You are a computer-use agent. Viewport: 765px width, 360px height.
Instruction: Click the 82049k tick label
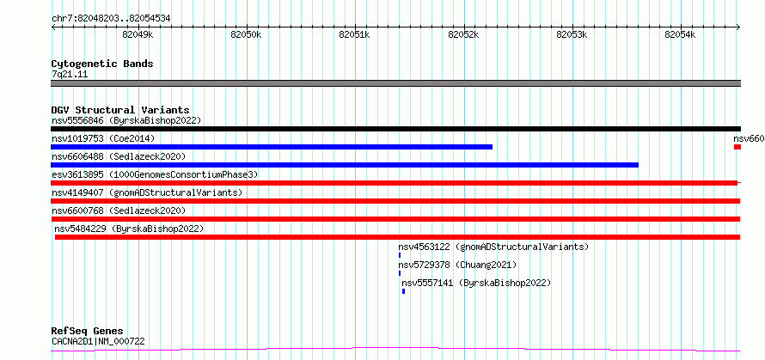[138, 34]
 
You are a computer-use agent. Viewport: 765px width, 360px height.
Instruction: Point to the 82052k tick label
[463, 34]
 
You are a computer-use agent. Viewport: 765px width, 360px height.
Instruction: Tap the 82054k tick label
[680, 34]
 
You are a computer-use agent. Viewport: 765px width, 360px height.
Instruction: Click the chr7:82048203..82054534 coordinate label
[111, 19]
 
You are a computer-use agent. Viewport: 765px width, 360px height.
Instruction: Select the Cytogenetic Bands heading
[102, 64]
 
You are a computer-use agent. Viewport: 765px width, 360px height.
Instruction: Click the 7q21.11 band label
[70, 74]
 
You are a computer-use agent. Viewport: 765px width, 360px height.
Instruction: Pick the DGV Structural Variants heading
[120, 110]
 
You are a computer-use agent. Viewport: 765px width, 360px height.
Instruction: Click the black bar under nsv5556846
[395, 129]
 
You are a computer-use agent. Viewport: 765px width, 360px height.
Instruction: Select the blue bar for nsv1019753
[272, 147]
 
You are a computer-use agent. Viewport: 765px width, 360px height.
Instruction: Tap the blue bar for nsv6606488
[345, 165]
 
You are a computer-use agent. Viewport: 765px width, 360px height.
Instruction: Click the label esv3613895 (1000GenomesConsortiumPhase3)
[155, 174]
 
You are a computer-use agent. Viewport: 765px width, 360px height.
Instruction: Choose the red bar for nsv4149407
[395, 201]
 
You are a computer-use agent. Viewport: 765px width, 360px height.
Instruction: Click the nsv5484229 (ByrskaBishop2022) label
[129, 229]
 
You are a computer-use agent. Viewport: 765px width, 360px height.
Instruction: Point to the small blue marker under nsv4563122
[400, 255]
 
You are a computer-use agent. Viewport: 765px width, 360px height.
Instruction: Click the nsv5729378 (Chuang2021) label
[457, 265]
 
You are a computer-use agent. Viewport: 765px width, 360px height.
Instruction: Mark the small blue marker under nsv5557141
[403, 291]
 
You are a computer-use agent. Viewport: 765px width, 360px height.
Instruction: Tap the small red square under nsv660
[737, 147]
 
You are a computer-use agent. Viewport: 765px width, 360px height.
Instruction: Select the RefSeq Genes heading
[88, 332]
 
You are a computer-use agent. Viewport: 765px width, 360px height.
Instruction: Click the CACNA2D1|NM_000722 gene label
[98, 341]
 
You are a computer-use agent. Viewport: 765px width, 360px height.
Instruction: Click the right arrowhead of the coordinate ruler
[738, 27]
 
